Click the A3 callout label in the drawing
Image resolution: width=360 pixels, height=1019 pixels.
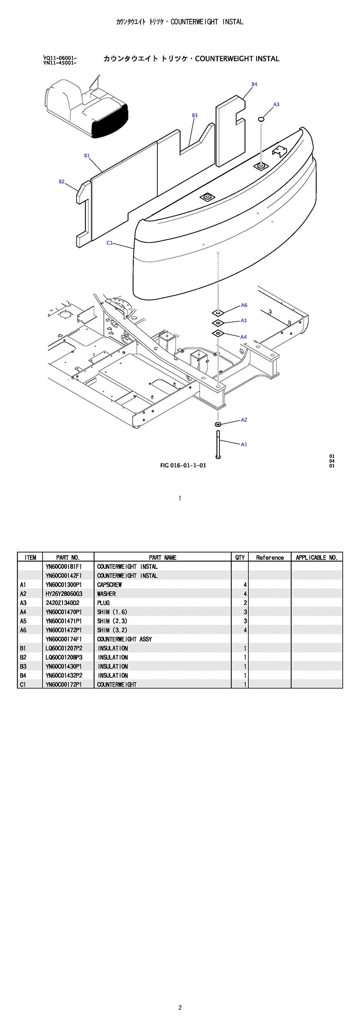tap(276, 105)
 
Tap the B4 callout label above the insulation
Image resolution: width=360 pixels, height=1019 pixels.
tap(255, 84)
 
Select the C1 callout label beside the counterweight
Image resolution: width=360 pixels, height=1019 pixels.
tap(110, 243)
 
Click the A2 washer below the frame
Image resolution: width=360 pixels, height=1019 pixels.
tap(218, 424)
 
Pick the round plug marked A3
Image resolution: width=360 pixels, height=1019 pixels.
tap(261, 119)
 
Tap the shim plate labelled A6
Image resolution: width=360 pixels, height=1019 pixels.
tap(218, 313)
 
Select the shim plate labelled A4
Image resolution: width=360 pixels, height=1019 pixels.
tap(218, 333)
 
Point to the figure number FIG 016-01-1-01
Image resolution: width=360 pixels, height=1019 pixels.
tap(183, 466)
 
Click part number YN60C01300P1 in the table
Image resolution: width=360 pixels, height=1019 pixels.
tap(64, 585)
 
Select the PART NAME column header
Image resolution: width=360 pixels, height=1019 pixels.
tap(162, 557)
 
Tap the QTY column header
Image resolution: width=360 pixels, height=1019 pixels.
tap(240, 557)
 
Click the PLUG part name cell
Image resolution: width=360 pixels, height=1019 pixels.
tap(103, 603)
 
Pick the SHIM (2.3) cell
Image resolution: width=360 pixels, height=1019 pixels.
tap(112, 621)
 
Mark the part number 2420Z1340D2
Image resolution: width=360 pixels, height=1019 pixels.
tap(63, 603)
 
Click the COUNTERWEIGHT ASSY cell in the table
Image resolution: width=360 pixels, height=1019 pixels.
tap(124, 639)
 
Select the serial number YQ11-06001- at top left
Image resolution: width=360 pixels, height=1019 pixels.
tap(60, 58)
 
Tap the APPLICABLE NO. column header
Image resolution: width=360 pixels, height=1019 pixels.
tap(317, 557)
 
